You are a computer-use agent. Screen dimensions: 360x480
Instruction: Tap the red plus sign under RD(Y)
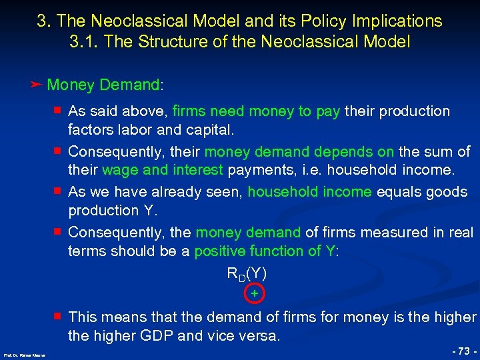254,293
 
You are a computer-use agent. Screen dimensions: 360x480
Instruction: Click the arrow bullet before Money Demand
37,85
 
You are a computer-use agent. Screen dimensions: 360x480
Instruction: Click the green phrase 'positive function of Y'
264,251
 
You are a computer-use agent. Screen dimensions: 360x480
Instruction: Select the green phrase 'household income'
310,192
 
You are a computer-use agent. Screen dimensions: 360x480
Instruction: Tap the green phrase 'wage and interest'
179,170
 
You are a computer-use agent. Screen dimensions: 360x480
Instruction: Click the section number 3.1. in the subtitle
85,41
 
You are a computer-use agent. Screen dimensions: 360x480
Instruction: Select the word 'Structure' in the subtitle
169,41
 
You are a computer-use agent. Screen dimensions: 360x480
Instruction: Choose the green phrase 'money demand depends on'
299,151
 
